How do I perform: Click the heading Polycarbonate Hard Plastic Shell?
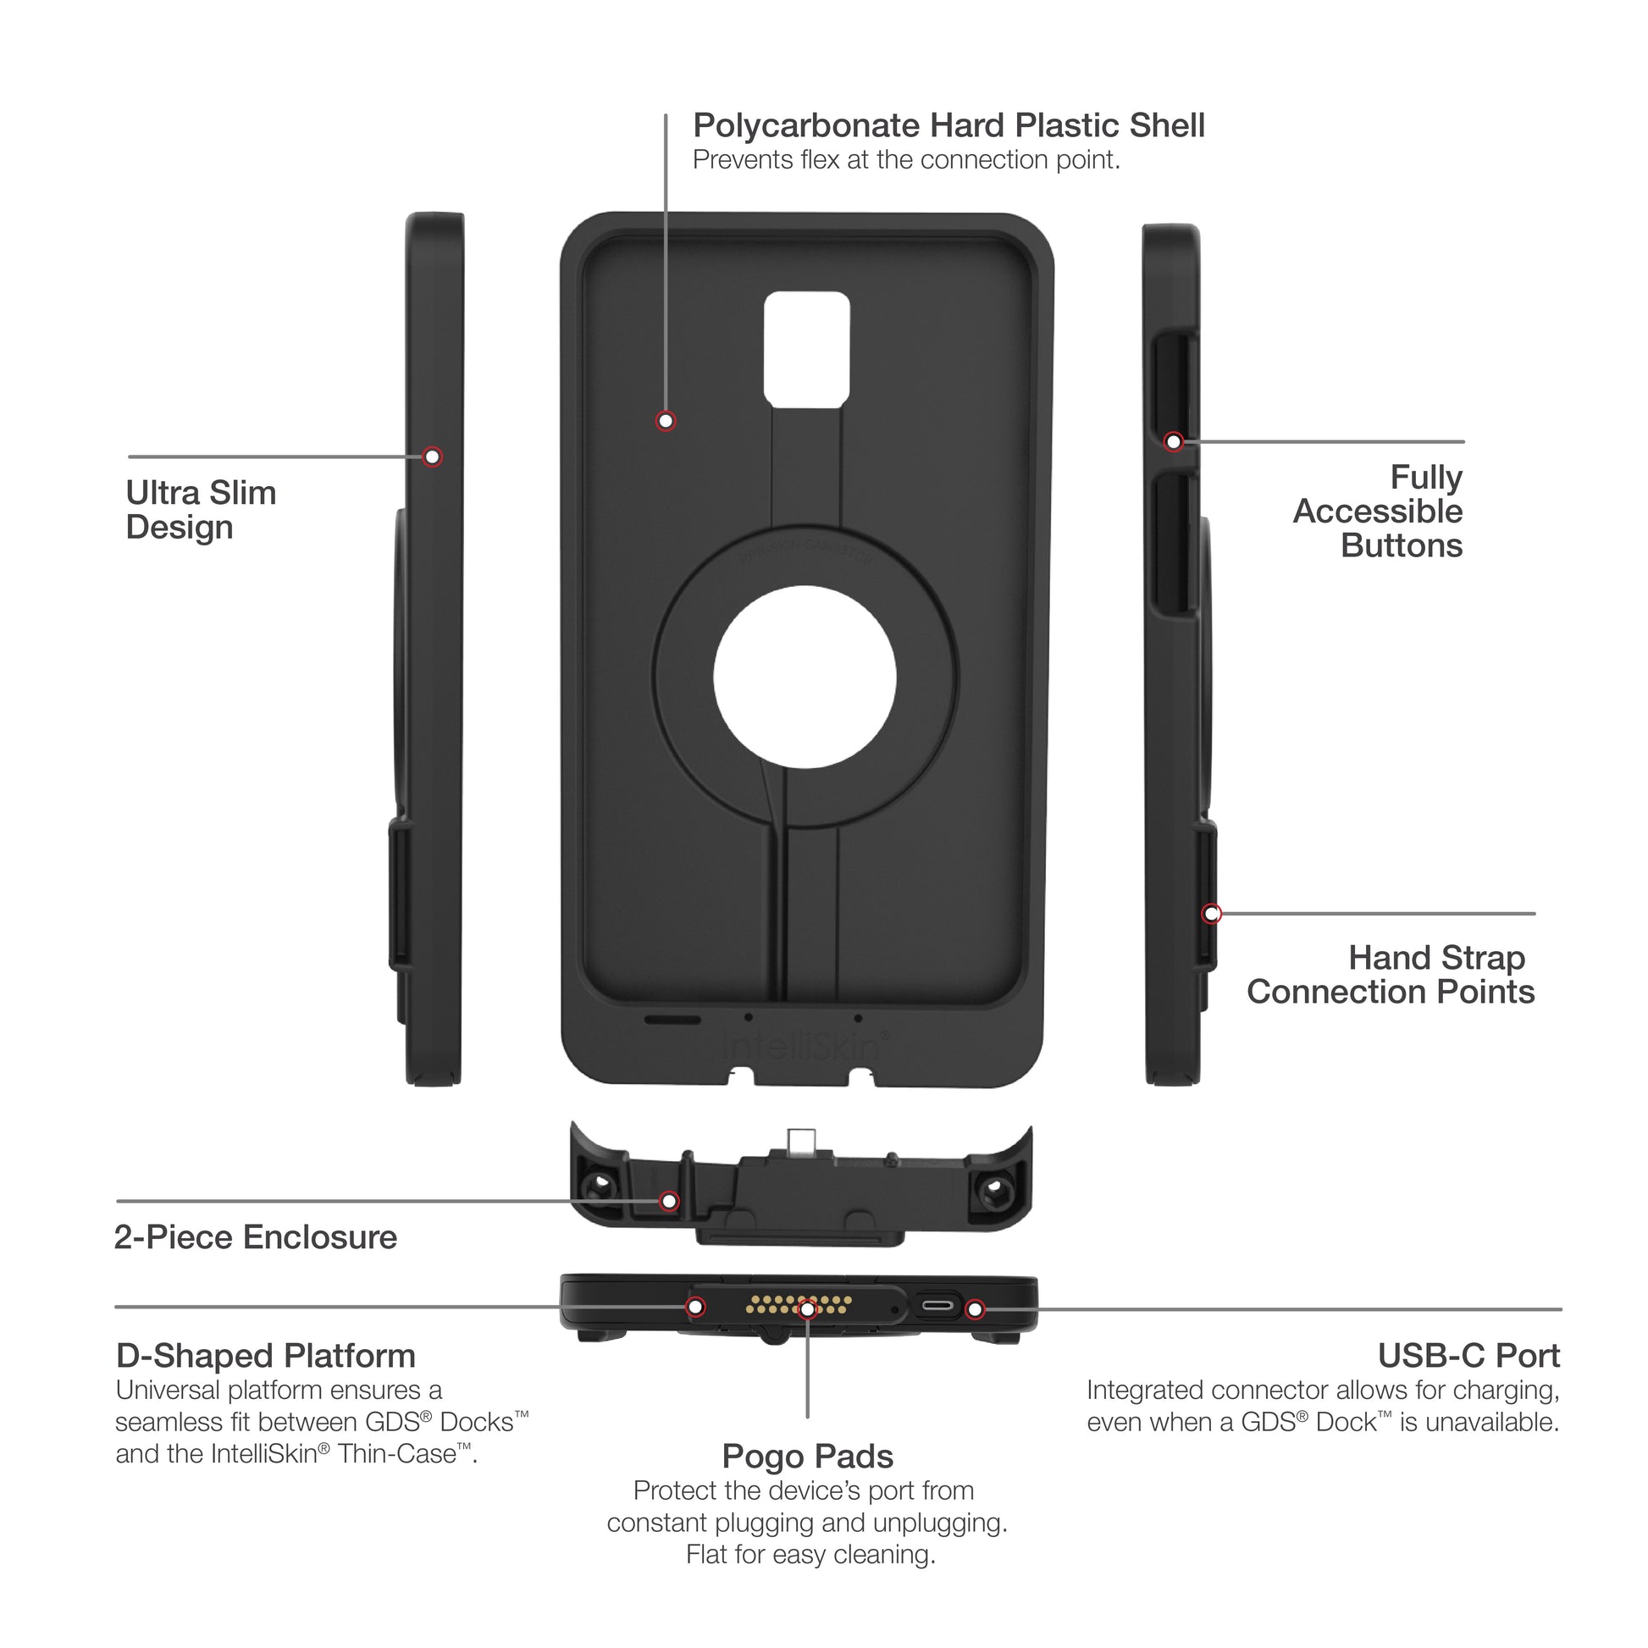pyautogui.click(x=948, y=125)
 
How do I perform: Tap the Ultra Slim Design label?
pyautogui.click(x=201, y=510)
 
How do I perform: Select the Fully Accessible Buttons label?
pyautogui.click(x=1378, y=511)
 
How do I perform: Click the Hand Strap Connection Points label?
pyautogui.click(x=1390, y=975)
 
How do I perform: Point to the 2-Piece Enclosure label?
pyautogui.click(x=256, y=1237)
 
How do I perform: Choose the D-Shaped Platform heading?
pyautogui.click(x=265, y=1356)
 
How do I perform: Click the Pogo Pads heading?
pyautogui.click(x=807, y=1457)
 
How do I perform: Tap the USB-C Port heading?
pyautogui.click(x=1468, y=1356)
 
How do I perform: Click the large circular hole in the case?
pyautogui.click(x=805, y=677)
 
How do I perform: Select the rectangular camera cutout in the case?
pyautogui.click(x=806, y=349)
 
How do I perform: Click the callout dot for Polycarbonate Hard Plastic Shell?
pyautogui.click(x=666, y=422)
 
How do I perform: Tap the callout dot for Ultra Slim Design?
pyautogui.click(x=433, y=457)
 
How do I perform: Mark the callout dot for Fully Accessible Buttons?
pyautogui.click(x=1174, y=442)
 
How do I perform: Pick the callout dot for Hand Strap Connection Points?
pyautogui.click(x=1211, y=914)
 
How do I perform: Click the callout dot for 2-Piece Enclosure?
pyautogui.click(x=670, y=1201)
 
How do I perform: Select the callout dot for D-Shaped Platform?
pyautogui.click(x=696, y=1307)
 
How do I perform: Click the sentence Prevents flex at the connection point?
pyautogui.click(x=906, y=160)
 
